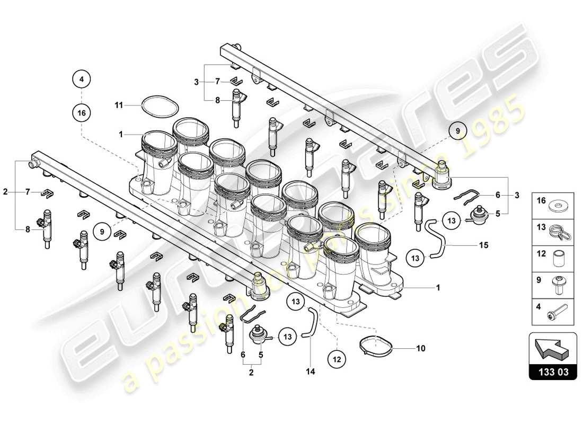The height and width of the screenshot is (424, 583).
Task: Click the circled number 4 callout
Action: [x=81, y=79]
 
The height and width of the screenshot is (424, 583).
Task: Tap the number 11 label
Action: [x=119, y=105]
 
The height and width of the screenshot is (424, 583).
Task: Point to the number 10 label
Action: [x=421, y=349]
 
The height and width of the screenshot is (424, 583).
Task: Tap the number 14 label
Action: [x=311, y=372]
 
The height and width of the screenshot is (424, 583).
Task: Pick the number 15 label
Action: [x=482, y=245]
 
